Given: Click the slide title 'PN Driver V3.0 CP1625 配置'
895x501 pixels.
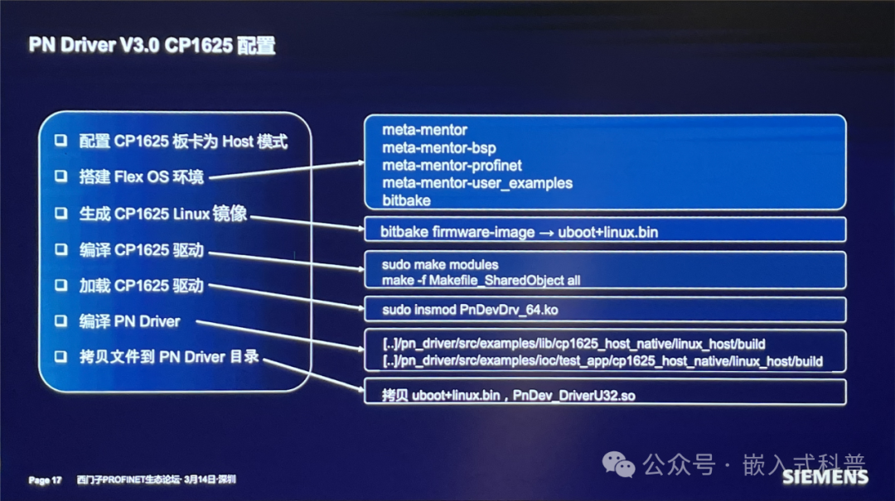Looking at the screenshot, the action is point(152,45).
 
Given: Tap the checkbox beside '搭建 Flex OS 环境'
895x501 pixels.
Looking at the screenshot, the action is point(60,176).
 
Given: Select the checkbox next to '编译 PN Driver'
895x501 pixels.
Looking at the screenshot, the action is point(60,321).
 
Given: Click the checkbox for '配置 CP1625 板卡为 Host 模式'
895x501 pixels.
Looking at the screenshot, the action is point(60,141).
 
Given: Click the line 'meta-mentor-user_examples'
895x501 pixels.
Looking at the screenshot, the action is point(477,183).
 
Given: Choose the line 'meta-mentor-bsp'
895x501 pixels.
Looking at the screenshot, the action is point(438,147).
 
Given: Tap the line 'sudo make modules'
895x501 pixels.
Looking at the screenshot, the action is point(440,265).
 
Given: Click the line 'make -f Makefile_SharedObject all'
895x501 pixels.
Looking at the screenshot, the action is point(481,280).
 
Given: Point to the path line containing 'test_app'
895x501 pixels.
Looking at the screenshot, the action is point(602,361).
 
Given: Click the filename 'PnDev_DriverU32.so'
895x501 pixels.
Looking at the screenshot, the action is point(574,396).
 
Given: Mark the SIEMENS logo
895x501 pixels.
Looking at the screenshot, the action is point(825,476).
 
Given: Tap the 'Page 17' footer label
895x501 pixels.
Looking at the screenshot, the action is point(45,479).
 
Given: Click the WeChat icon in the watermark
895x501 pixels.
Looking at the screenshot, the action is point(619,465).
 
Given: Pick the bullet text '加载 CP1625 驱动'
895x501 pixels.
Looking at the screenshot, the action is point(141,286).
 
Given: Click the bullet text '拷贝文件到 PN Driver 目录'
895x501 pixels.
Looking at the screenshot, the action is point(169,357).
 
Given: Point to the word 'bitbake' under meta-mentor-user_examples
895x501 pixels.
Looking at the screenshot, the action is point(406,200).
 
